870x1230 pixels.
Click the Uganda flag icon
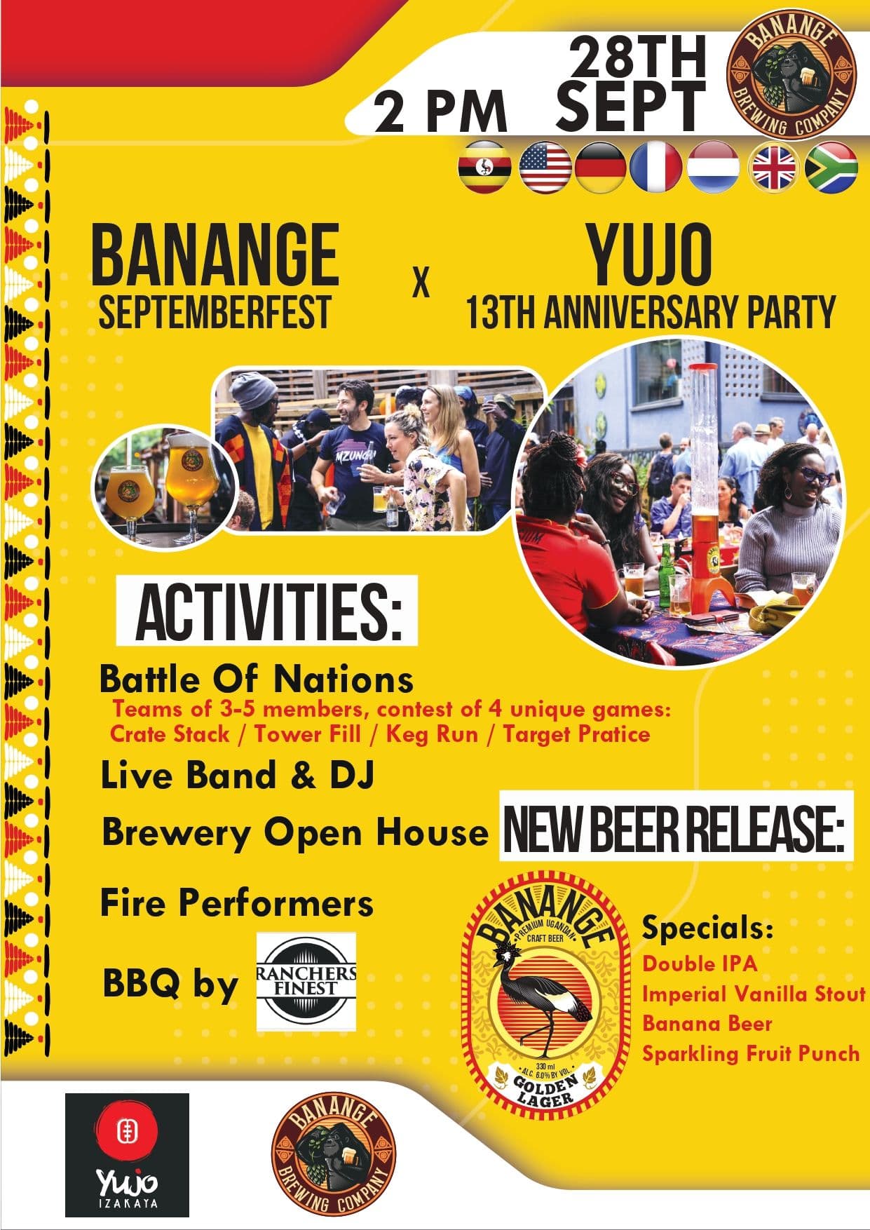click(483, 168)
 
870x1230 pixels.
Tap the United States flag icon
click(546, 168)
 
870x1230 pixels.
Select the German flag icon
click(600, 168)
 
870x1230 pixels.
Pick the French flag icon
click(656, 168)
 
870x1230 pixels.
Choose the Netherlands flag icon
click(712, 168)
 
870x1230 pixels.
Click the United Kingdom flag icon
click(774, 168)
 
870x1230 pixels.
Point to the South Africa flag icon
click(832, 168)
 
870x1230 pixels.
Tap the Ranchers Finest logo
click(306, 981)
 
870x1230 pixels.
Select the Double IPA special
click(700, 963)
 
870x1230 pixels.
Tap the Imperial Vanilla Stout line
click(754, 994)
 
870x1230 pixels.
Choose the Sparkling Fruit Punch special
click(750, 1053)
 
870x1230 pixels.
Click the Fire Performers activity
click(236, 903)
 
